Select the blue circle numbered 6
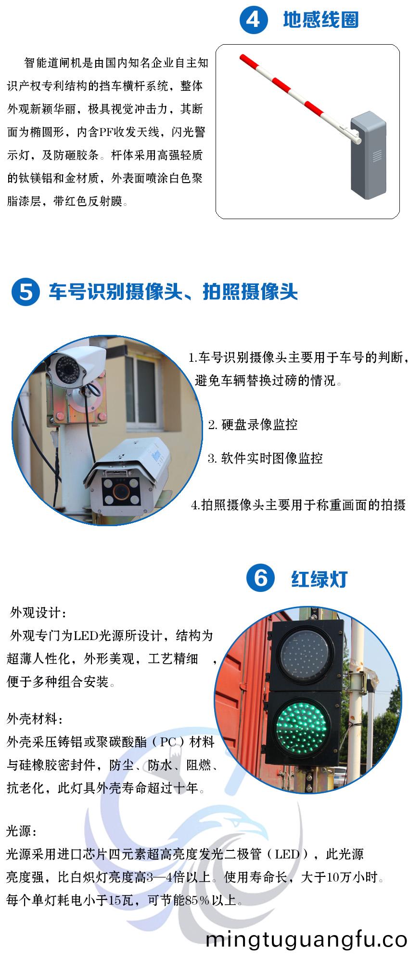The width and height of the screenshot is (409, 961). pos(260,578)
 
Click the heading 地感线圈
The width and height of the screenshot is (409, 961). pos(320,20)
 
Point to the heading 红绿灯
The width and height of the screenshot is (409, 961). pos(319,579)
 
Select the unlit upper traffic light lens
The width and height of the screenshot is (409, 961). pos(304,652)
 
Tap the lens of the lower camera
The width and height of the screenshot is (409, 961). pos(122,492)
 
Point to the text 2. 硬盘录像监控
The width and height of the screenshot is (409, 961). pos(253,425)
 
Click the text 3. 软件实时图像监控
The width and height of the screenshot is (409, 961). pos(265,458)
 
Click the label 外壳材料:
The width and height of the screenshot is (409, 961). pos(35,719)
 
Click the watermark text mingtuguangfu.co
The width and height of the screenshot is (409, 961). pos(307,940)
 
